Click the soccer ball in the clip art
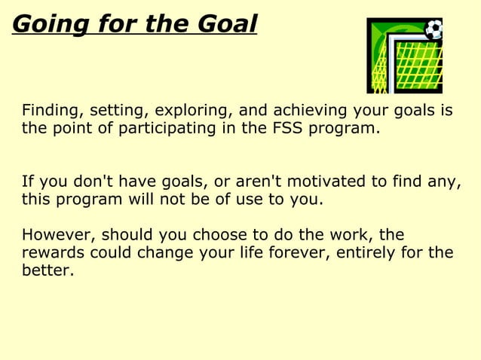coord(434,29)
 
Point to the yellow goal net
coord(415,64)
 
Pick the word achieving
coord(305,111)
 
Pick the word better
coord(47,270)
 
